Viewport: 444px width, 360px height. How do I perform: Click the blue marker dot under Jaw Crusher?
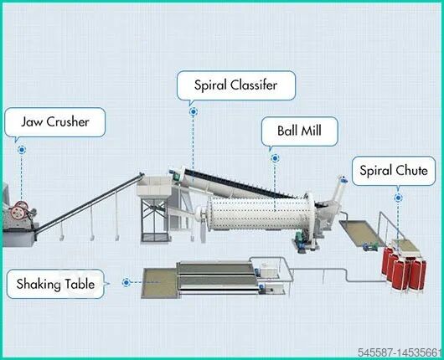tap(23, 150)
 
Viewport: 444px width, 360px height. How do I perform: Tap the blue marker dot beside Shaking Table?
tap(126, 283)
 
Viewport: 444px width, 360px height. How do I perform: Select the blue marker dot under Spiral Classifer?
tap(193, 111)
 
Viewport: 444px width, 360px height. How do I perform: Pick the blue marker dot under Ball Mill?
tap(274, 157)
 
